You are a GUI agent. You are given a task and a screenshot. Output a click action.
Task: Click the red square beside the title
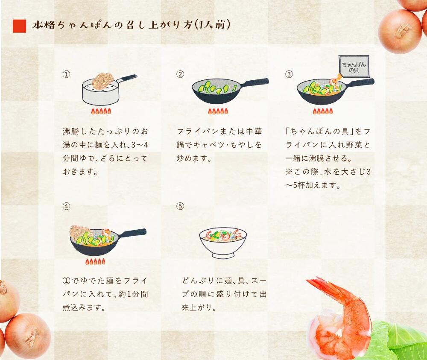pos(19,26)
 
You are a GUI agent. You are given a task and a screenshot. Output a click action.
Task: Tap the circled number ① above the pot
pos(66,74)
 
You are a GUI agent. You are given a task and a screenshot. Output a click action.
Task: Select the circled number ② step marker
pos(180,74)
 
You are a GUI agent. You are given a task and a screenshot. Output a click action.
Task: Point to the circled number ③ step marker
pos(289,74)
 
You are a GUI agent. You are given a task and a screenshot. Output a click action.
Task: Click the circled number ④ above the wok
pos(66,206)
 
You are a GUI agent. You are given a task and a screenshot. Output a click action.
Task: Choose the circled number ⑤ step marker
pos(180,206)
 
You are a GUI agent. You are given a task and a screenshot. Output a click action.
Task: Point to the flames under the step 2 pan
pos(218,111)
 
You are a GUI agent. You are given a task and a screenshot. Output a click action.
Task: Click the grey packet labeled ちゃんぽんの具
pos(354,66)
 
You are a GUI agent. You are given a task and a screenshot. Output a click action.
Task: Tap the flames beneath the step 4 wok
pos(95,262)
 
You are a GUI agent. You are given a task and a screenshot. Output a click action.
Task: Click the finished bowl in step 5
pos(223,243)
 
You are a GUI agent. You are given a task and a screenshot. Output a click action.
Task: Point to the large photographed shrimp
pos(340,316)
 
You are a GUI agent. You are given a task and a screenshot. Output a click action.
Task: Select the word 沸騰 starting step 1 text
pos(70,132)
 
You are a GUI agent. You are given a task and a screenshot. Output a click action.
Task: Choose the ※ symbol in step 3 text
pos(289,172)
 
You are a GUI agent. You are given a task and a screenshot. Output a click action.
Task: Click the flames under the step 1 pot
pos(101,111)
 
